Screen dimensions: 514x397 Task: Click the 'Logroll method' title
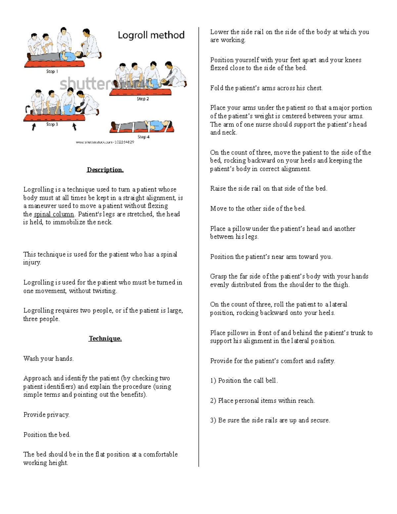coord(151,35)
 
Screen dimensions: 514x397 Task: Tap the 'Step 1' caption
coord(52,71)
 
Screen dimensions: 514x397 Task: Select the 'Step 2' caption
coord(143,99)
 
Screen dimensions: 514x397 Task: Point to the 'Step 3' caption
coord(52,124)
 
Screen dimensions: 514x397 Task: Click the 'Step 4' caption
coord(144,137)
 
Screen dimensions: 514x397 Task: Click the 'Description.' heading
coord(105,170)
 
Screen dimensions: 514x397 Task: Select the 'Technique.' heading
coord(105,339)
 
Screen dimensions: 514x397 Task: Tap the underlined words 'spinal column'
coord(54,214)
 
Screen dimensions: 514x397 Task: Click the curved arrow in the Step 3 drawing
coord(27,109)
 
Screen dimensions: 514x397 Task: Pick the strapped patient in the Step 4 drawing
coord(142,126)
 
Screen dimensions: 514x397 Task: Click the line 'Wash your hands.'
coord(49,358)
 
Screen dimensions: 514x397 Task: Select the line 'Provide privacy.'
coord(46,415)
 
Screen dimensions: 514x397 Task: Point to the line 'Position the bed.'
coord(47,435)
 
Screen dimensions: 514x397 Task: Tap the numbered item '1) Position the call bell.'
coord(244,381)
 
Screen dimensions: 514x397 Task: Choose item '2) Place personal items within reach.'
coord(262,400)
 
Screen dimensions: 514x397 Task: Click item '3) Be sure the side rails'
coord(270,420)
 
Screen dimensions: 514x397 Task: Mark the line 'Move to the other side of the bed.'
coord(258,209)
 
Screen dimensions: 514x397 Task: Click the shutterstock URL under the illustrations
coord(105,142)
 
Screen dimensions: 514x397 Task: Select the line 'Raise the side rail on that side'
coord(269,188)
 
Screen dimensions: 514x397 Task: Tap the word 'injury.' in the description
coord(32,262)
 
